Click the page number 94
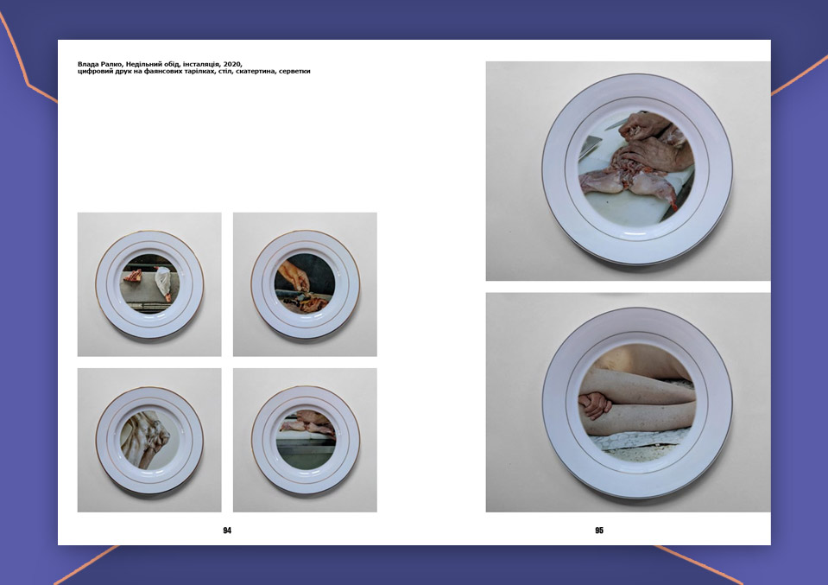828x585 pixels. [227, 530]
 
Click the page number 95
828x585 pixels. [599, 530]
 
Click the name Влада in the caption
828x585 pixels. [88, 65]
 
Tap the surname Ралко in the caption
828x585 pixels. [111, 65]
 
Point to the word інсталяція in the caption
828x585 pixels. [202, 65]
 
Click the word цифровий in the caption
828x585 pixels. [95, 72]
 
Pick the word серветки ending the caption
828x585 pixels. [294, 72]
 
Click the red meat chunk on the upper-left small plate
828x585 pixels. [133, 277]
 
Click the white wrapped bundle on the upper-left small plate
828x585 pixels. [164, 283]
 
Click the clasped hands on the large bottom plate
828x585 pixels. [594, 404]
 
